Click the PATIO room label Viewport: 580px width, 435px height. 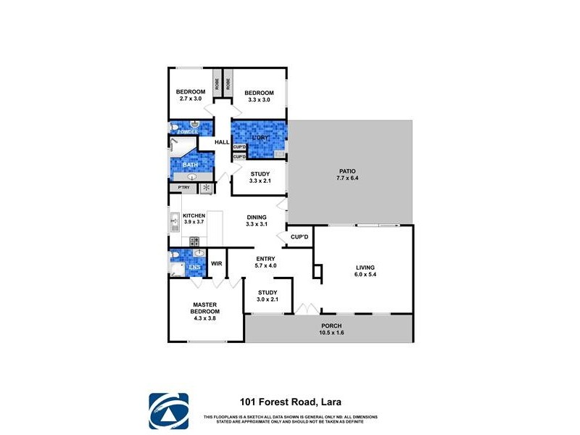(x=347, y=175)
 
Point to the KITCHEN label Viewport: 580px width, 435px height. (x=194, y=220)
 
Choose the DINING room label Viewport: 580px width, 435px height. (x=257, y=220)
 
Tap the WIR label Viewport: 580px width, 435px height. (x=216, y=264)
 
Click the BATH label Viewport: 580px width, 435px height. (x=190, y=165)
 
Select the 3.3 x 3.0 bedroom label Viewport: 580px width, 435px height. (x=259, y=96)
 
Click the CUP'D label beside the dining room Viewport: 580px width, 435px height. (x=299, y=236)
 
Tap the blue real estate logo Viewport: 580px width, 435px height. (x=168, y=411)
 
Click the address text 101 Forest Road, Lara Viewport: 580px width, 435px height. (x=291, y=401)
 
